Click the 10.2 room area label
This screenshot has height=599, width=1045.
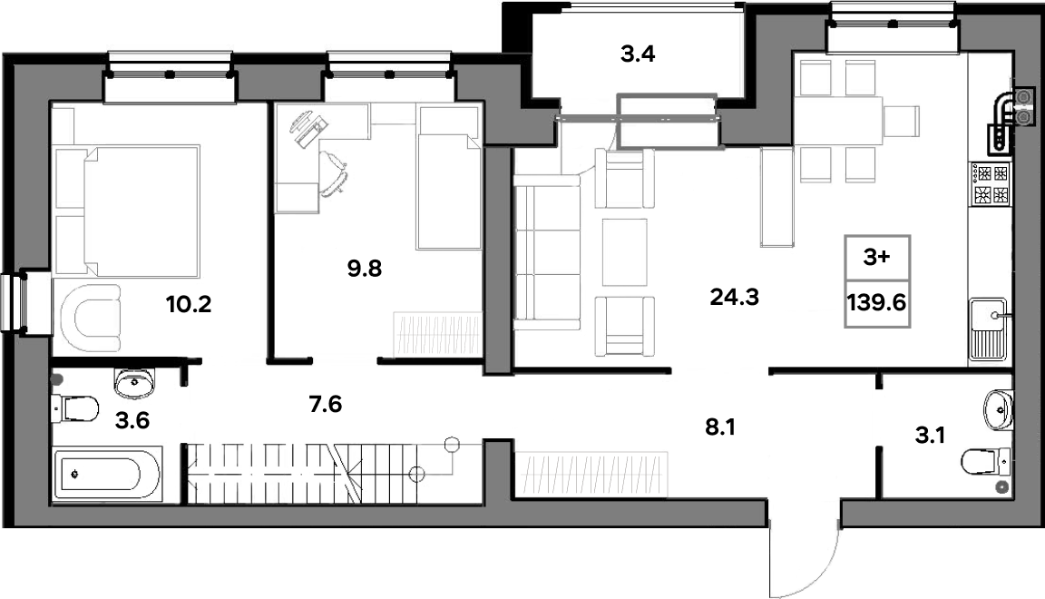[x=189, y=305]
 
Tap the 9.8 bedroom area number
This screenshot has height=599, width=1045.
[x=365, y=268]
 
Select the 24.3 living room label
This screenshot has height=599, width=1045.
[x=735, y=297]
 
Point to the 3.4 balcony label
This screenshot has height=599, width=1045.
[x=638, y=54]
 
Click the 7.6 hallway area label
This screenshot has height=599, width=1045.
[x=326, y=404]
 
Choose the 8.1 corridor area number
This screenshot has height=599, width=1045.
[x=719, y=427]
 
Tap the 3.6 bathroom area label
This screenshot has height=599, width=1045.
[x=132, y=420]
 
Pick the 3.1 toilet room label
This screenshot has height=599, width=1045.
[x=930, y=436]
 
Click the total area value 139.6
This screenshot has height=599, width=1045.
[x=876, y=303]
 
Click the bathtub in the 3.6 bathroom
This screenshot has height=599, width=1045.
[x=107, y=475]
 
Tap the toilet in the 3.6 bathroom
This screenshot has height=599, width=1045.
[x=75, y=408]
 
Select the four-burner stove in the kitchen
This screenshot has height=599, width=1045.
[x=991, y=184]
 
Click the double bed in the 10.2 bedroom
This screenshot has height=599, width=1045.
[x=127, y=211]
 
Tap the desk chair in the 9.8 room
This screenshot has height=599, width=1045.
[x=335, y=172]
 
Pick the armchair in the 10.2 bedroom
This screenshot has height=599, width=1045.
[x=91, y=318]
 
